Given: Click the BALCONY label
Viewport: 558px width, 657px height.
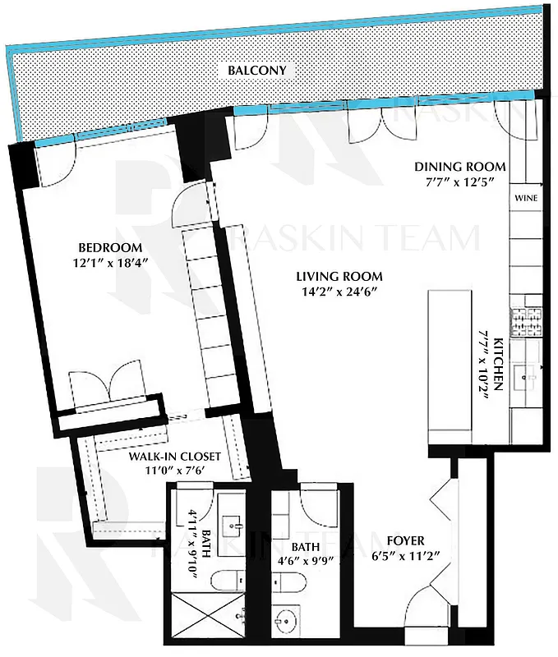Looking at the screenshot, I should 257,71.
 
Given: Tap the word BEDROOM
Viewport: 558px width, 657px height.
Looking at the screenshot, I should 110,248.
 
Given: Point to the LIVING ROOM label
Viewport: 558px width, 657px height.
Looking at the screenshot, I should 341,276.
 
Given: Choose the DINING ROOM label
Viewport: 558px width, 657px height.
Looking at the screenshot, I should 459,167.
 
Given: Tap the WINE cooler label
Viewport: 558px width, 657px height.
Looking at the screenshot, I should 525,199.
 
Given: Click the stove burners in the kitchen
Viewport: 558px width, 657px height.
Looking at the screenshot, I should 523,322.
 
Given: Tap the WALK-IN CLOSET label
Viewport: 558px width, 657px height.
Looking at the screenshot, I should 173,457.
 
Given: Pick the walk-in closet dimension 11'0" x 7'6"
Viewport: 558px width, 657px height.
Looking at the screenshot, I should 173,471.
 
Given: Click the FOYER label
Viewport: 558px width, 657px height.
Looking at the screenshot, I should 405,540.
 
